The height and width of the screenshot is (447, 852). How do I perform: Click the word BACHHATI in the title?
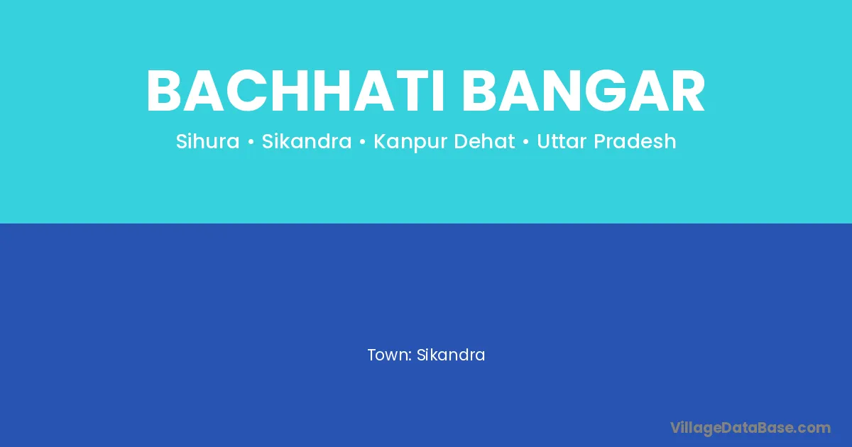[295, 91]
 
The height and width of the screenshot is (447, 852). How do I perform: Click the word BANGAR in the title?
[584, 91]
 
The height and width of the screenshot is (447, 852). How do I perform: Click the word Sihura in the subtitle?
[207, 141]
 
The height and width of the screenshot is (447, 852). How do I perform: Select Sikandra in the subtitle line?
[307, 141]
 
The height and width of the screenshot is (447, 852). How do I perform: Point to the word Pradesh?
[635, 141]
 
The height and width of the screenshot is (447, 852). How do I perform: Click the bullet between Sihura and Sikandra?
[251, 142]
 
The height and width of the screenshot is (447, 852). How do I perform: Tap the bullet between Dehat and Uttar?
[526, 142]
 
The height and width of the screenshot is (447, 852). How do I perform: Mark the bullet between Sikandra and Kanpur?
[363, 142]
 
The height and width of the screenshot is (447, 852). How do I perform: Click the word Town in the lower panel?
[388, 355]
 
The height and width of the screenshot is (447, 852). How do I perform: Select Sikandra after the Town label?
[451, 355]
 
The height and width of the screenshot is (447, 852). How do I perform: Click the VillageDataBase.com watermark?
[750, 429]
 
